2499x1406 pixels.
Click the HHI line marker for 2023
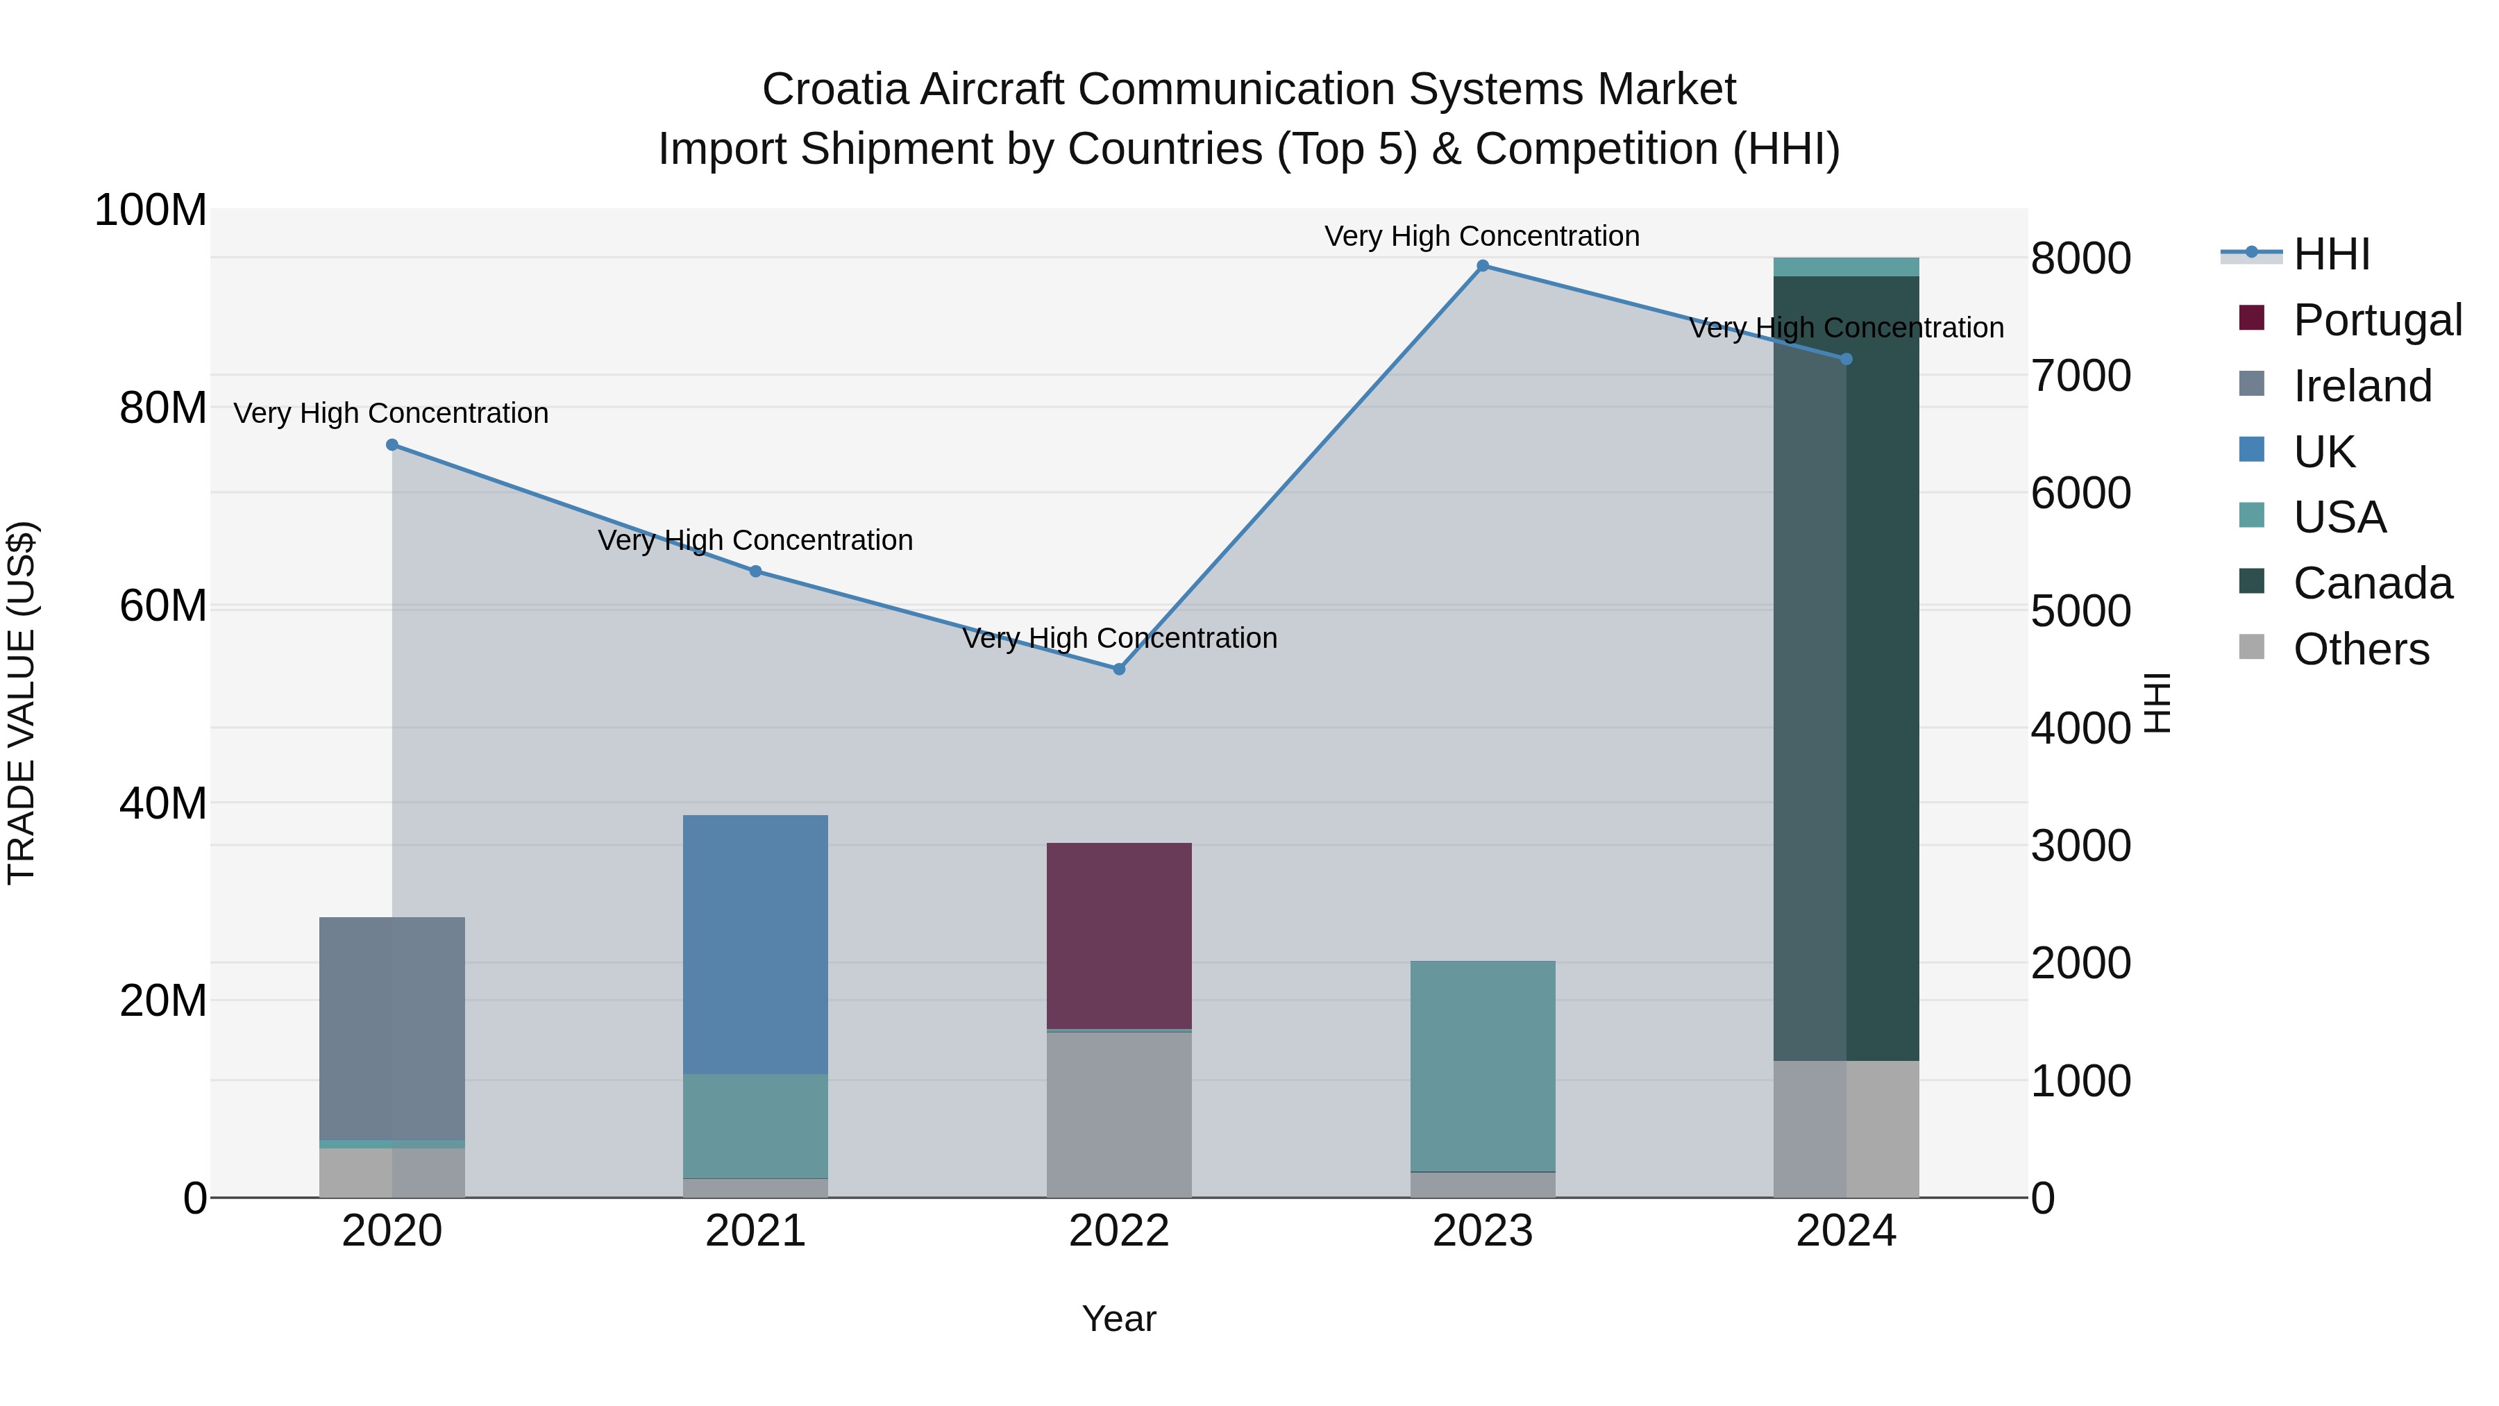(x=1482, y=266)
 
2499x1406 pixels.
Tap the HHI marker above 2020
(x=392, y=445)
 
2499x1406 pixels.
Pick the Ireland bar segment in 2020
(x=392, y=1028)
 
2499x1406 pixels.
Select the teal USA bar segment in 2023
(x=1482, y=1065)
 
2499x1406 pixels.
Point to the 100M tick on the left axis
(x=151, y=210)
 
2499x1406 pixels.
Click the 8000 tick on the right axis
(x=2081, y=259)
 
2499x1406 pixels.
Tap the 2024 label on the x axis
(x=1846, y=1231)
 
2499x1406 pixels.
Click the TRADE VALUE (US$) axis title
(x=22, y=703)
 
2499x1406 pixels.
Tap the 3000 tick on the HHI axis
(x=2081, y=846)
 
